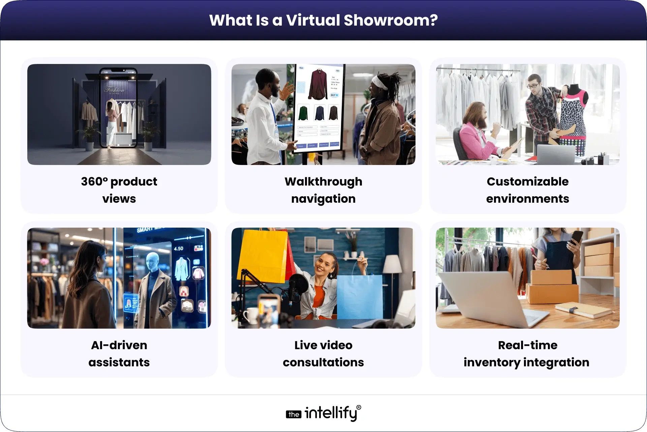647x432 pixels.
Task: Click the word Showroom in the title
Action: click(391, 20)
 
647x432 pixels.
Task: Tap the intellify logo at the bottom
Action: click(323, 413)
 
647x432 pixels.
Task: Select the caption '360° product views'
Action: click(119, 190)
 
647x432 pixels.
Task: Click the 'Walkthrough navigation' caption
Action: click(323, 190)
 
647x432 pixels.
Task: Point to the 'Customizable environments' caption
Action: click(527, 190)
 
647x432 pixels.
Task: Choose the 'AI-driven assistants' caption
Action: click(119, 354)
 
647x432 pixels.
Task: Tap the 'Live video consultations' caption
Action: click(323, 354)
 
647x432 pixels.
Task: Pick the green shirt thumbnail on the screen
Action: click(303, 113)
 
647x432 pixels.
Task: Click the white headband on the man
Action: click(380, 82)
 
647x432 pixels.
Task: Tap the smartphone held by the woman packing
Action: click(577, 238)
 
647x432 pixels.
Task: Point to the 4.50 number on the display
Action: click(179, 248)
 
